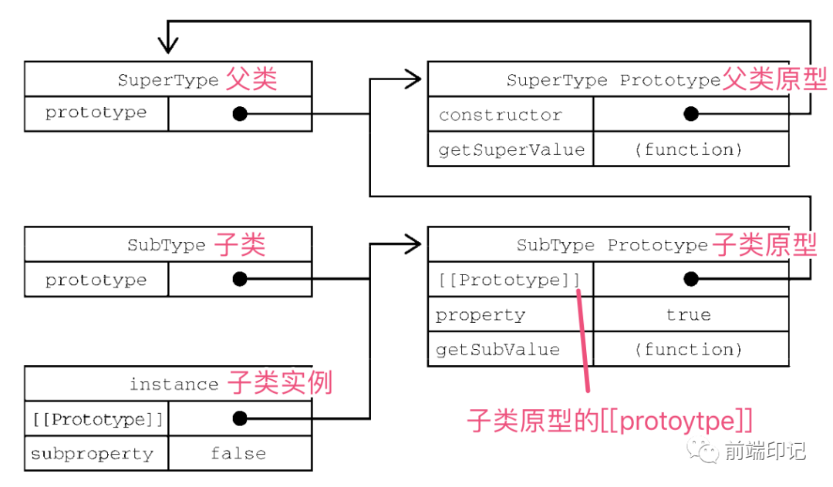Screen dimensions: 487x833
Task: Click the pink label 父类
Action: tap(251, 79)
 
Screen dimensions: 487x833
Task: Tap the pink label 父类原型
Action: tap(774, 79)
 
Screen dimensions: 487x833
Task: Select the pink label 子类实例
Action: tap(280, 383)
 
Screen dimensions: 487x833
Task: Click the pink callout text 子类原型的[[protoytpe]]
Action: tap(609, 421)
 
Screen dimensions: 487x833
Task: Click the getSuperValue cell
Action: tap(511, 149)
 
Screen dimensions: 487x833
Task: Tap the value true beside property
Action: tap(688, 314)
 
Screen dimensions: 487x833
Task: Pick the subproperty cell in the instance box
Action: tap(93, 454)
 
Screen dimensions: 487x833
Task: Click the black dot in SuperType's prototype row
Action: tap(240, 114)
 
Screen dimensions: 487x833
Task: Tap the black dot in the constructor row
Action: tap(690, 114)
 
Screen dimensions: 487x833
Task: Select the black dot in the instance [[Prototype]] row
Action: tap(240, 418)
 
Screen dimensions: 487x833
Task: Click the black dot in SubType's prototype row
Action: tap(240, 279)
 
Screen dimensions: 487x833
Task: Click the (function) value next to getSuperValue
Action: tap(688, 149)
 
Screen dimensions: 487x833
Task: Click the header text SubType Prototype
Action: tap(612, 245)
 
